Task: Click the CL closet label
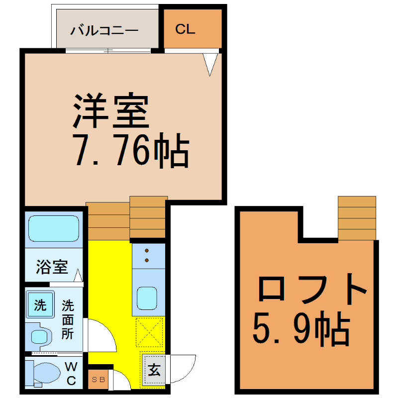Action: (185, 29)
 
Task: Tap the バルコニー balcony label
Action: (104, 30)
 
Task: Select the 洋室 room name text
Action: (111, 111)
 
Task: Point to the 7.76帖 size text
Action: (131, 150)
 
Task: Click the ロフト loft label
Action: (312, 289)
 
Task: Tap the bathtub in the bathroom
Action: (54, 228)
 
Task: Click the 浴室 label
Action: (52, 267)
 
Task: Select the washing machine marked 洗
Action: (40, 304)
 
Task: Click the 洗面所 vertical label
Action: (68, 319)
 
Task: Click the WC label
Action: (71, 374)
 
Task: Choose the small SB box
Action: (98, 380)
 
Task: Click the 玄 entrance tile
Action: (154, 370)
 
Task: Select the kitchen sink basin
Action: (147, 298)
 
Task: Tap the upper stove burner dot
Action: (147, 251)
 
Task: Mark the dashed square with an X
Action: (149, 332)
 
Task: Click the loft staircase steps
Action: (357, 218)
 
